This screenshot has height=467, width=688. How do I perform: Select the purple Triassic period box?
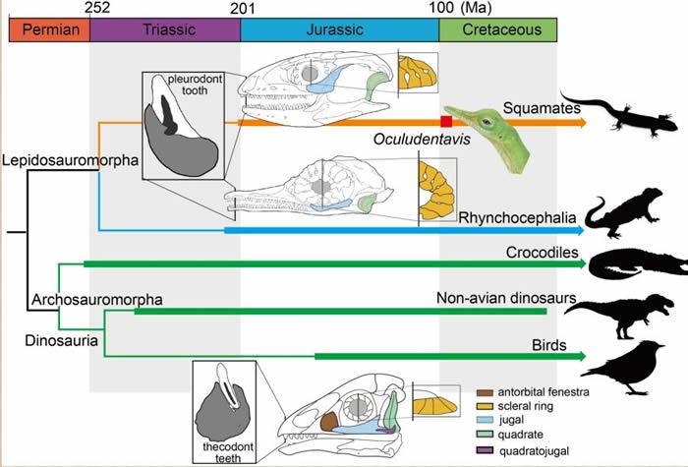[164, 30]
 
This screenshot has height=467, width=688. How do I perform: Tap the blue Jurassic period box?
[339, 30]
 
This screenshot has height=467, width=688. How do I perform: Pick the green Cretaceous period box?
[497, 30]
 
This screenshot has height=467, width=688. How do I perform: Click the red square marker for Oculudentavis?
[446, 121]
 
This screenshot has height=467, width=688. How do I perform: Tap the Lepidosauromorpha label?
[50, 158]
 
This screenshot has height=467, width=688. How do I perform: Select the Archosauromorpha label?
[96, 297]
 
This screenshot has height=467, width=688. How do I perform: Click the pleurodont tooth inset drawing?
[185, 125]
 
